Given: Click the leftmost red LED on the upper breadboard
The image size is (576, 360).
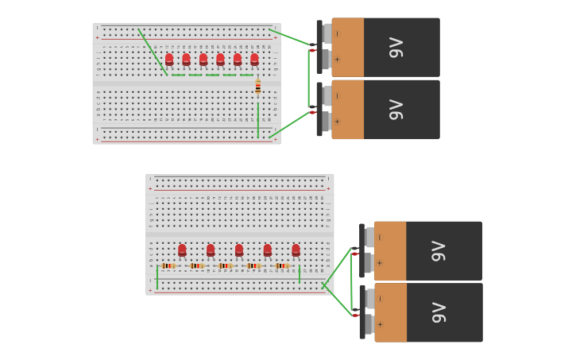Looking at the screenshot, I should [x=169, y=59].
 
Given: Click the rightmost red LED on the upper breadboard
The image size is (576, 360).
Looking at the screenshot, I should [x=254, y=59].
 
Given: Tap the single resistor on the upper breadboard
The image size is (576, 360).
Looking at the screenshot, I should [x=257, y=87].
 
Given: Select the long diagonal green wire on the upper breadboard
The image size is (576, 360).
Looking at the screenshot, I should [x=153, y=52].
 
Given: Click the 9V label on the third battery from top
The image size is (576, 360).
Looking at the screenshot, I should [x=438, y=251].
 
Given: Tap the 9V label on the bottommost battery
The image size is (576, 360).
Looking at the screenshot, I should [x=438, y=313].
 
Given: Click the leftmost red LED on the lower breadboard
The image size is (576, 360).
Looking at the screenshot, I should [x=182, y=250].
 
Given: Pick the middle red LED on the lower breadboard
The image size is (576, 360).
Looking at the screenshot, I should [x=239, y=250].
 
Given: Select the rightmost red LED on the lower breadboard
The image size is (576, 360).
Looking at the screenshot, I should [x=296, y=250].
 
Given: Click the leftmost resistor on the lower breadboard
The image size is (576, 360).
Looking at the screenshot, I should [x=168, y=265].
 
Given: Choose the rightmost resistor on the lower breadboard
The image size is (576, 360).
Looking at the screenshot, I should [x=282, y=265].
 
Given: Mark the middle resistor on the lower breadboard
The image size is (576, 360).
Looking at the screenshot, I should [x=225, y=265].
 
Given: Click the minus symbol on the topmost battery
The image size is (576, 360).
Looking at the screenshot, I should [x=338, y=33].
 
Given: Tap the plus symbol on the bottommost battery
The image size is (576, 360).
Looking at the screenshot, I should [x=380, y=324].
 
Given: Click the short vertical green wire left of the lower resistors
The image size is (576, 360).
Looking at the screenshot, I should [x=157, y=277].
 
